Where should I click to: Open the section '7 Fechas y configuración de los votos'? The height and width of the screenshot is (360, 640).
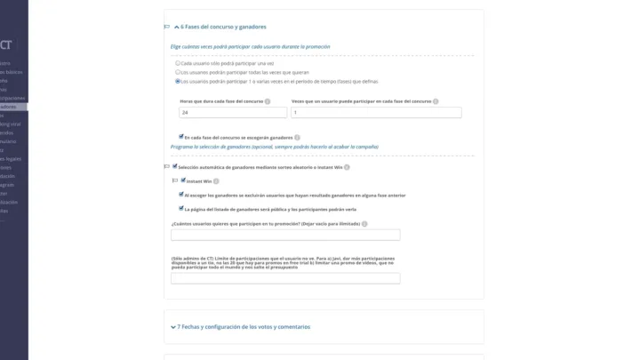pos(244,327)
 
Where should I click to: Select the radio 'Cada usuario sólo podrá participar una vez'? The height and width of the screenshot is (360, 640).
pos(178,63)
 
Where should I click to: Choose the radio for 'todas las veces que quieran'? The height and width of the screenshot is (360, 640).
pos(178,72)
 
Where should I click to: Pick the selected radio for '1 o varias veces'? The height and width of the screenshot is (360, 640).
pos(178,81)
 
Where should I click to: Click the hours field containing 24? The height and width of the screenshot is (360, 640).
pos(233,113)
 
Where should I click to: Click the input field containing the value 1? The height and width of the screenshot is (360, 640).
pos(376,113)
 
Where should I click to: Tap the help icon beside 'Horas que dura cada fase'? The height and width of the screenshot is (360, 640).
pos(268,101)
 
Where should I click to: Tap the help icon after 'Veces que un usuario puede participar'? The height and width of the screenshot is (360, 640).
pos(436,101)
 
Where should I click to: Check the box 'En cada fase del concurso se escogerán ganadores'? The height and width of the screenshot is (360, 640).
pos(181,137)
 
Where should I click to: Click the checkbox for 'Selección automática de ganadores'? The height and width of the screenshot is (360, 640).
pos(174,166)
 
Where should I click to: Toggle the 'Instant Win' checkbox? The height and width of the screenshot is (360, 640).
pos(182,180)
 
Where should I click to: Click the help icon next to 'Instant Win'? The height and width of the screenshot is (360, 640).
pos(216,181)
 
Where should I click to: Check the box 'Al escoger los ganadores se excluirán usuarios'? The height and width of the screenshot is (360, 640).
pos(182,194)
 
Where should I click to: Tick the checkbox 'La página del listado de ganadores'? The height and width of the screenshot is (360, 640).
pos(182,208)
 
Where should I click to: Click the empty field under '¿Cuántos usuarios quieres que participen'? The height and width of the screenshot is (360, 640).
pos(285,235)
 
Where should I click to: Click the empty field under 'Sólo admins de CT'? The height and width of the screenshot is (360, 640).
pos(285,278)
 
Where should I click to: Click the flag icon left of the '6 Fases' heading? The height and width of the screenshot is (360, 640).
pos(167,27)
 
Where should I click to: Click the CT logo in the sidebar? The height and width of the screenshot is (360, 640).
pos(6,44)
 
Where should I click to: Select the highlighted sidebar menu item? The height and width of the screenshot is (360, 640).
pos(12,107)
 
